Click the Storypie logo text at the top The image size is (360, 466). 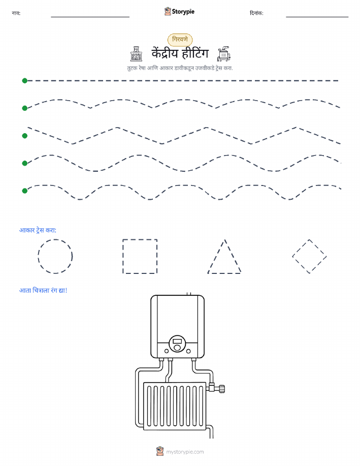click(183, 12)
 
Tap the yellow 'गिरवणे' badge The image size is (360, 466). click(180, 40)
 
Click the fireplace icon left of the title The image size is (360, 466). click(136, 54)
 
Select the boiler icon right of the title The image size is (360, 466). click(223, 54)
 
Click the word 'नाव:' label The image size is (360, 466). click(16, 13)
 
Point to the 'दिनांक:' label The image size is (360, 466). click(256, 13)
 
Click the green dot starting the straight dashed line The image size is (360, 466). click(25, 80)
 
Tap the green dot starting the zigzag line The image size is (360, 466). click(25, 136)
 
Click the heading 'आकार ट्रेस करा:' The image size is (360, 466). click(38, 230)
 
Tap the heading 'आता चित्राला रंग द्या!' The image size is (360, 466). click(43, 290)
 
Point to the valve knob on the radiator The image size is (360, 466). click(221, 388)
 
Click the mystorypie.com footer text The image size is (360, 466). click(185, 452)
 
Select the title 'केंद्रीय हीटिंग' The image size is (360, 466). click(180, 53)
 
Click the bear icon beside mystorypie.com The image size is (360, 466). click(160, 451)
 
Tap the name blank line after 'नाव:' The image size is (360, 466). click(90, 17)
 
